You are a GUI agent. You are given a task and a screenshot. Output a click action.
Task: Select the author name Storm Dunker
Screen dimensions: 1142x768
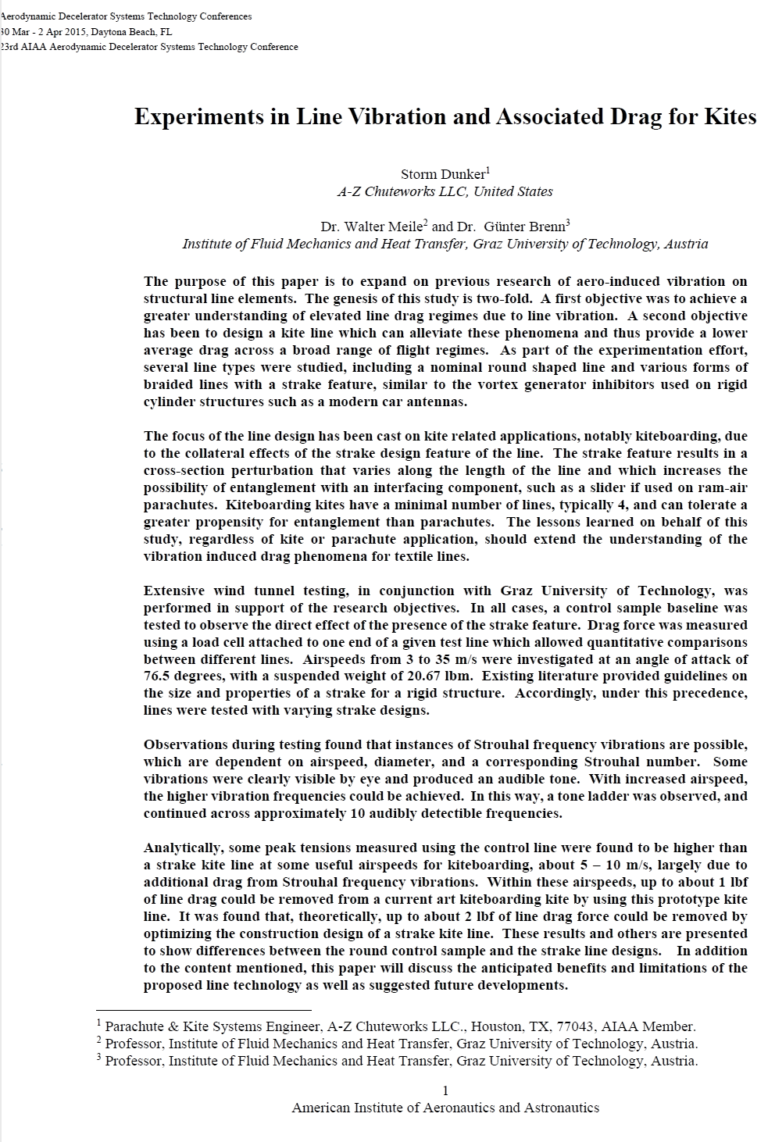[x=443, y=174]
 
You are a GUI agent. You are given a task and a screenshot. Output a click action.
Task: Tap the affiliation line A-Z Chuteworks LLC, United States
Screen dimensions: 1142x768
[x=445, y=191]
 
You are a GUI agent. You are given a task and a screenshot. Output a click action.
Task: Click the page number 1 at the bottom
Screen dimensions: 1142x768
[x=445, y=1091]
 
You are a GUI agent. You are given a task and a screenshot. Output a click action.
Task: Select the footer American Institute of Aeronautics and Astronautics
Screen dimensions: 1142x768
[x=445, y=1108]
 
